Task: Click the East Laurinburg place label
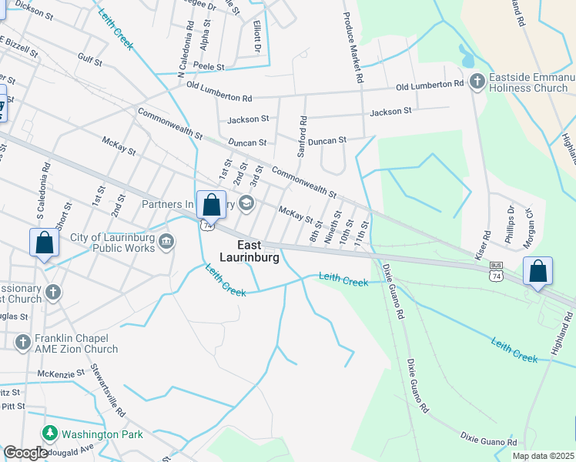(247, 251)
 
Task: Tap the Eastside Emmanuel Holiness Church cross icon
(477, 81)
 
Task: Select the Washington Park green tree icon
(50, 434)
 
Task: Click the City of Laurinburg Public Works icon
(165, 243)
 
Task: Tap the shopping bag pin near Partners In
(211, 205)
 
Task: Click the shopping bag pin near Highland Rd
(537, 271)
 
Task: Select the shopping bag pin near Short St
(45, 243)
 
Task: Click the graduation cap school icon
(246, 203)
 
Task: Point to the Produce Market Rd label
(351, 47)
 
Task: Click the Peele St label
(209, 68)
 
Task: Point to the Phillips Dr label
(509, 224)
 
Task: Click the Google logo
(26, 453)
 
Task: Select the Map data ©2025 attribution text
(543, 456)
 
